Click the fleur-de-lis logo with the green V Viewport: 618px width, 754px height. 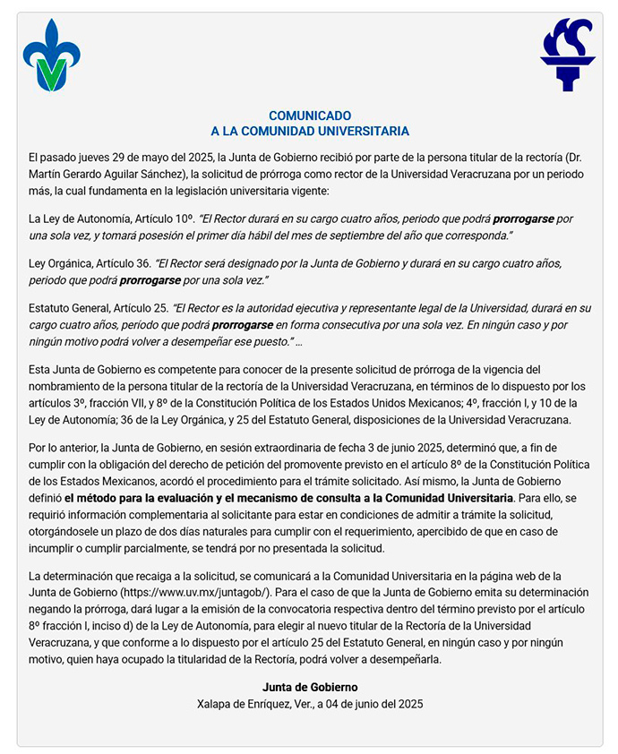(x=51, y=56)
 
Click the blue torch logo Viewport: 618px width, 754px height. (x=567, y=55)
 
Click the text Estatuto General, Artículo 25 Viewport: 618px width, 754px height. (x=97, y=308)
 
